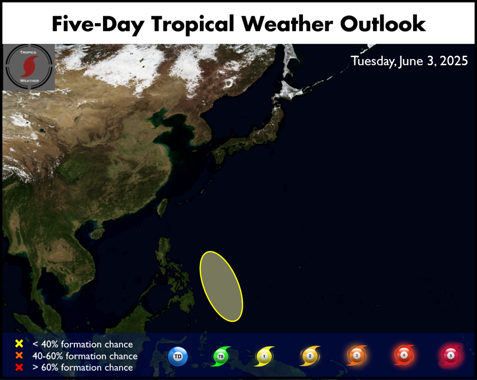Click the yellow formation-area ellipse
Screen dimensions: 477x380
click(x=221, y=286)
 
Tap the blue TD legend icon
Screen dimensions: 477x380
click(x=178, y=356)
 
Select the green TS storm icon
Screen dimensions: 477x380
click(x=221, y=356)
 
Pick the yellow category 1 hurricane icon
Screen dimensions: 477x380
click(x=264, y=356)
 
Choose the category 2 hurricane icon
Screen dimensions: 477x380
click(x=310, y=356)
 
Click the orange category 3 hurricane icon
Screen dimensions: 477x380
click(x=357, y=355)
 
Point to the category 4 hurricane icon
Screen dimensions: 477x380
click(x=404, y=355)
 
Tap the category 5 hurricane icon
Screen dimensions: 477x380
click(x=451, y=355)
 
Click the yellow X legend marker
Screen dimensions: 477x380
click(x=19, y=343)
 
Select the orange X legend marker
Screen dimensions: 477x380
click(x=19, y=355)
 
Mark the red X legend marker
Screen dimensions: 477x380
click(x=19, y=367)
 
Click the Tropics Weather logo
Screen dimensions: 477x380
click(x=29, y=67)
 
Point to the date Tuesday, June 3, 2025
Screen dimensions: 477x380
click(x=409, y=61)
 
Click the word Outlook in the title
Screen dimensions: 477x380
click(x=383, y=24)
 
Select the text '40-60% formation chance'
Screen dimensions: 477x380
click(x=85, y=356)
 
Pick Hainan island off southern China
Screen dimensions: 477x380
click(x=97, y=233)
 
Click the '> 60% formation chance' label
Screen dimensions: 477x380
click(x=83, y=367)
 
